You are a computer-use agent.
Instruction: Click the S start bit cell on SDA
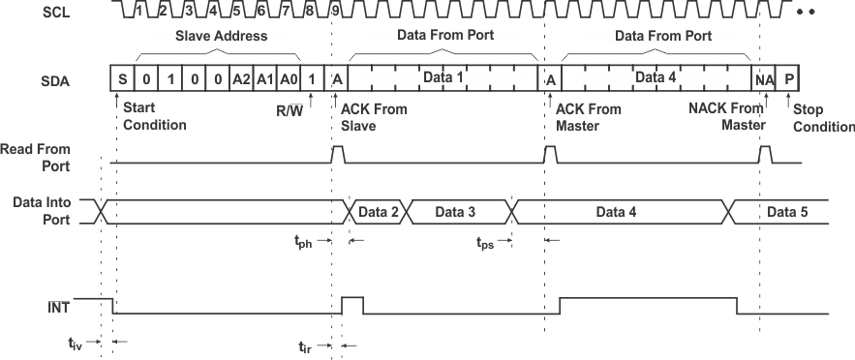point(123,78)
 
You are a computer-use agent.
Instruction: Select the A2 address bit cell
point(241,78)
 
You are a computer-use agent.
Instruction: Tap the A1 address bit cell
point(264,78)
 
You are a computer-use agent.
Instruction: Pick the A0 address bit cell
point(288,78)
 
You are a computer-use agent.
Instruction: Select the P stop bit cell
point(789,78)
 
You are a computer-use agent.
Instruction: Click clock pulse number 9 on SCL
point(335,12)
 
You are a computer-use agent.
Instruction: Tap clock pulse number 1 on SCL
point(139,12)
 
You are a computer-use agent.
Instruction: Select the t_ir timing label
point(306,345)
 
